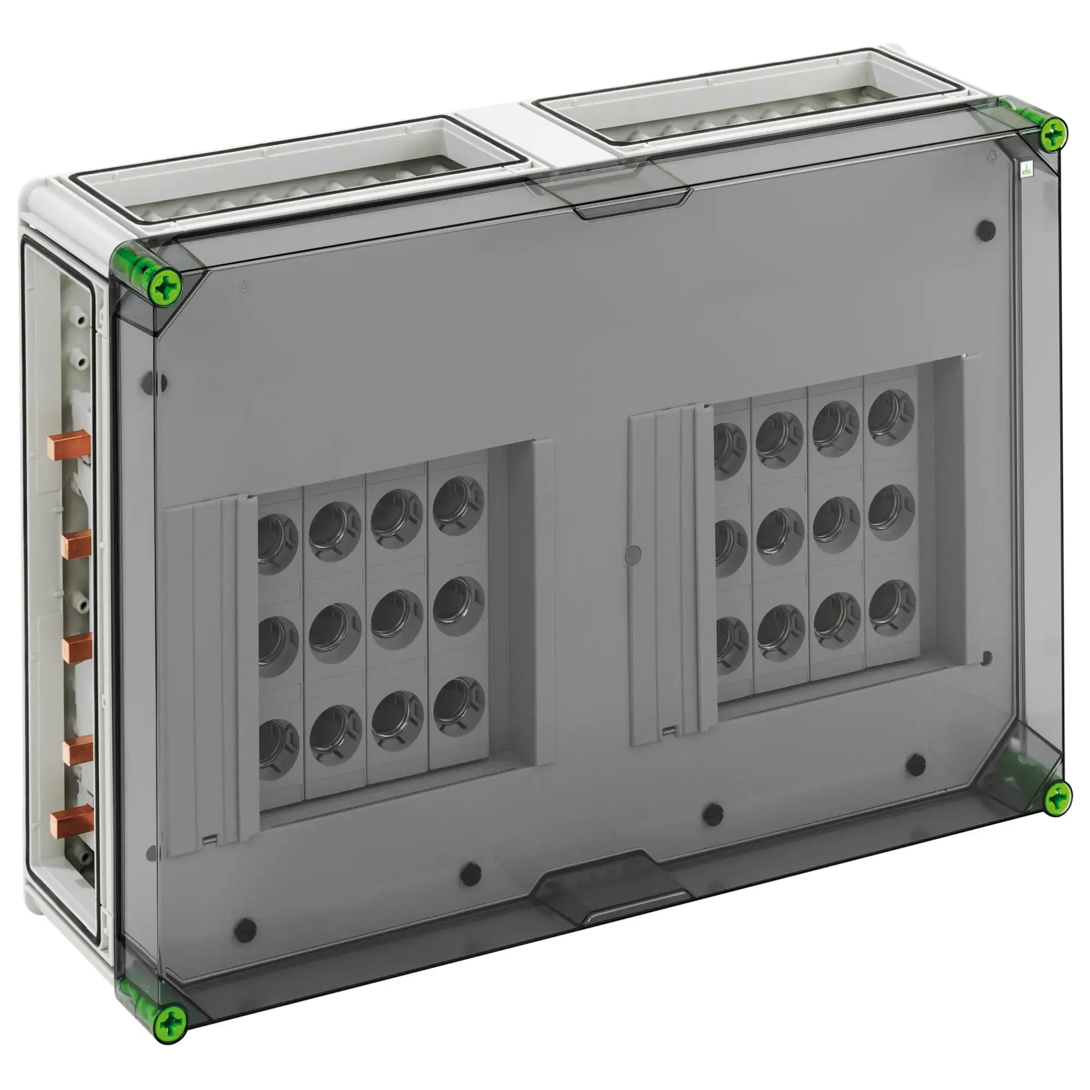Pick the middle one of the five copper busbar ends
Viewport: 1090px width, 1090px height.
point(77,647)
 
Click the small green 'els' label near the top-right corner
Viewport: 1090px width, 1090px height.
point(1026,171)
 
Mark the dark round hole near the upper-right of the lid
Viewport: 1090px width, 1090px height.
point(985,230)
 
